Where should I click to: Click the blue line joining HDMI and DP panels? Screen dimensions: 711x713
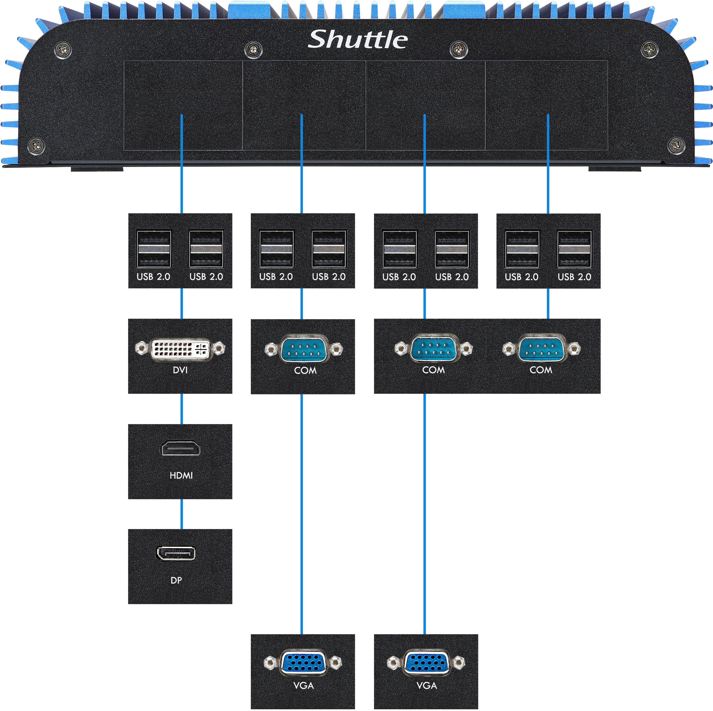(x=182, y=514)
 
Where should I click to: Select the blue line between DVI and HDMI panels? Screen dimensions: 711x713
(x=182, y=409)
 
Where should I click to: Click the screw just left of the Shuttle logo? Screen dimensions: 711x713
(x=254, y=49)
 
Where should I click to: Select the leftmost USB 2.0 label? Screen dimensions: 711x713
(x=153, y=276)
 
